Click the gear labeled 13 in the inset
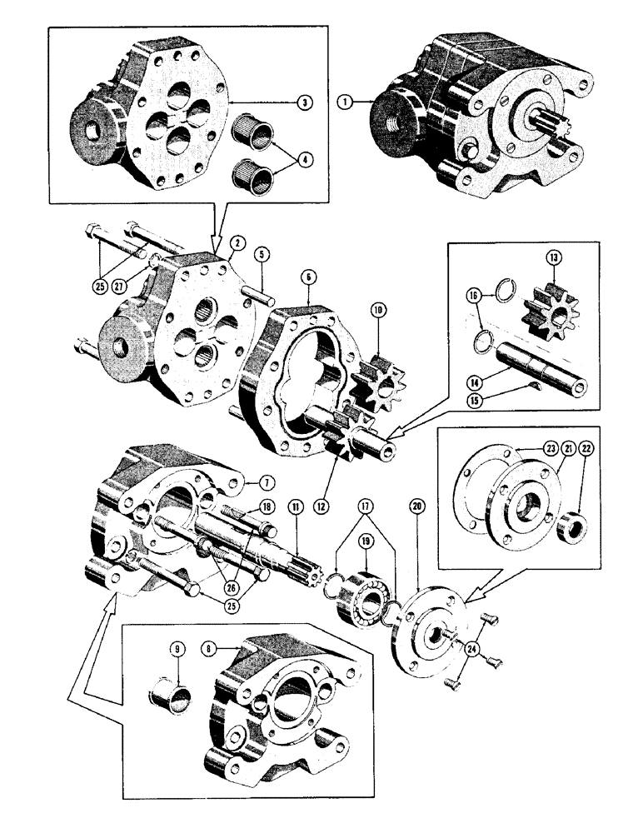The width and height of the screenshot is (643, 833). [547, 313]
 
